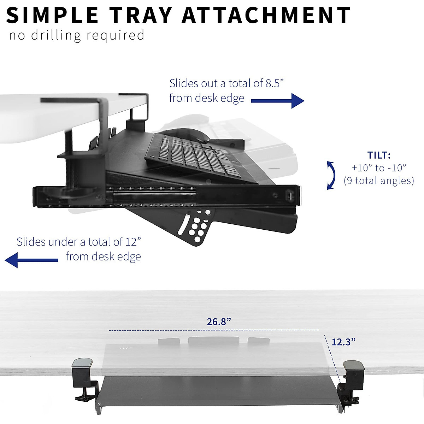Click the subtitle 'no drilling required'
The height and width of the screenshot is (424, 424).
pyautogui.click(x=77, y=35)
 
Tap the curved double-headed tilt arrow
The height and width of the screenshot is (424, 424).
pyautogui.click(x=331, y=175)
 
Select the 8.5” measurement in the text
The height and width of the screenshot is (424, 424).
pyautogui.click(x=275, y=83)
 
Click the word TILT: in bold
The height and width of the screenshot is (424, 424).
pyautogui.click(x=379, y=155)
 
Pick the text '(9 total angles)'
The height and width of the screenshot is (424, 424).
pyautogui.click(x=379, y=181)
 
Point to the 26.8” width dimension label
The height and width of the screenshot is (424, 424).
pyautogui.click(x=219, y=322)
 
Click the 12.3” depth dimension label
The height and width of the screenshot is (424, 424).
pyautogui.click(x=343, y=342)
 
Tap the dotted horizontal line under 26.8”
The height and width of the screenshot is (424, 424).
pyautogui.click(x=214, y=330)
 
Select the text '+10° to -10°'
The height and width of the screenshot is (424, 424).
pyautogui.click(x=379, y=168)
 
